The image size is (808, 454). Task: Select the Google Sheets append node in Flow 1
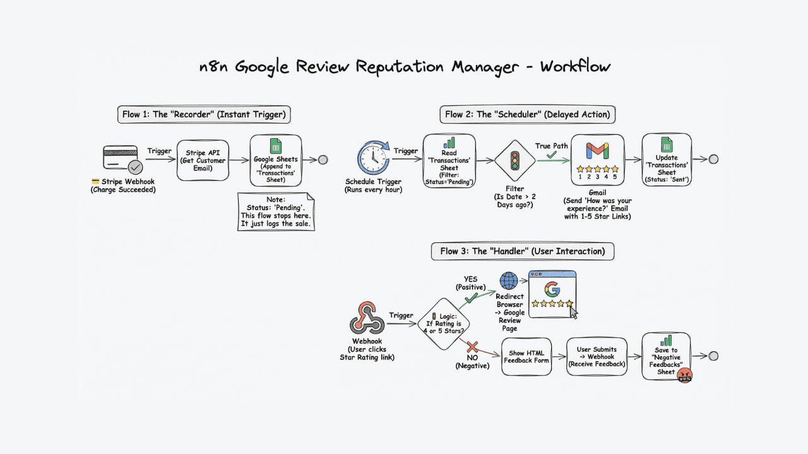(276, 160)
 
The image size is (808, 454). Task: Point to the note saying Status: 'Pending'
(276, 211)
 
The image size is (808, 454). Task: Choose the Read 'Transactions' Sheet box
(449, 160)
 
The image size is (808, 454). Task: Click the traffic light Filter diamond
(514, 160)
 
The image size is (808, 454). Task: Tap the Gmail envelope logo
(597, 151)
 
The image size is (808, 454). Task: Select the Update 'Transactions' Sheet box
(667, 160)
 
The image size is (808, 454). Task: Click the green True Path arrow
(553, 160)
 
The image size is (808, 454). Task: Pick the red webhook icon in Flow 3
(367, 318)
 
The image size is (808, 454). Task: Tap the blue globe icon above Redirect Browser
(509, 281)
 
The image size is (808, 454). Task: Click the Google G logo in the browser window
(552, 289)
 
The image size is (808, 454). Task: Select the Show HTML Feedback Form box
(526, 357)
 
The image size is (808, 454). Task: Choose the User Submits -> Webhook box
(597, 357)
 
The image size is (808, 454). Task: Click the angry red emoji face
(684, 375)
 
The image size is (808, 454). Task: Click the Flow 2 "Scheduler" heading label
(527, 114)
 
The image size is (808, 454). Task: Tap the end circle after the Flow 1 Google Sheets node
(323, 160)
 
